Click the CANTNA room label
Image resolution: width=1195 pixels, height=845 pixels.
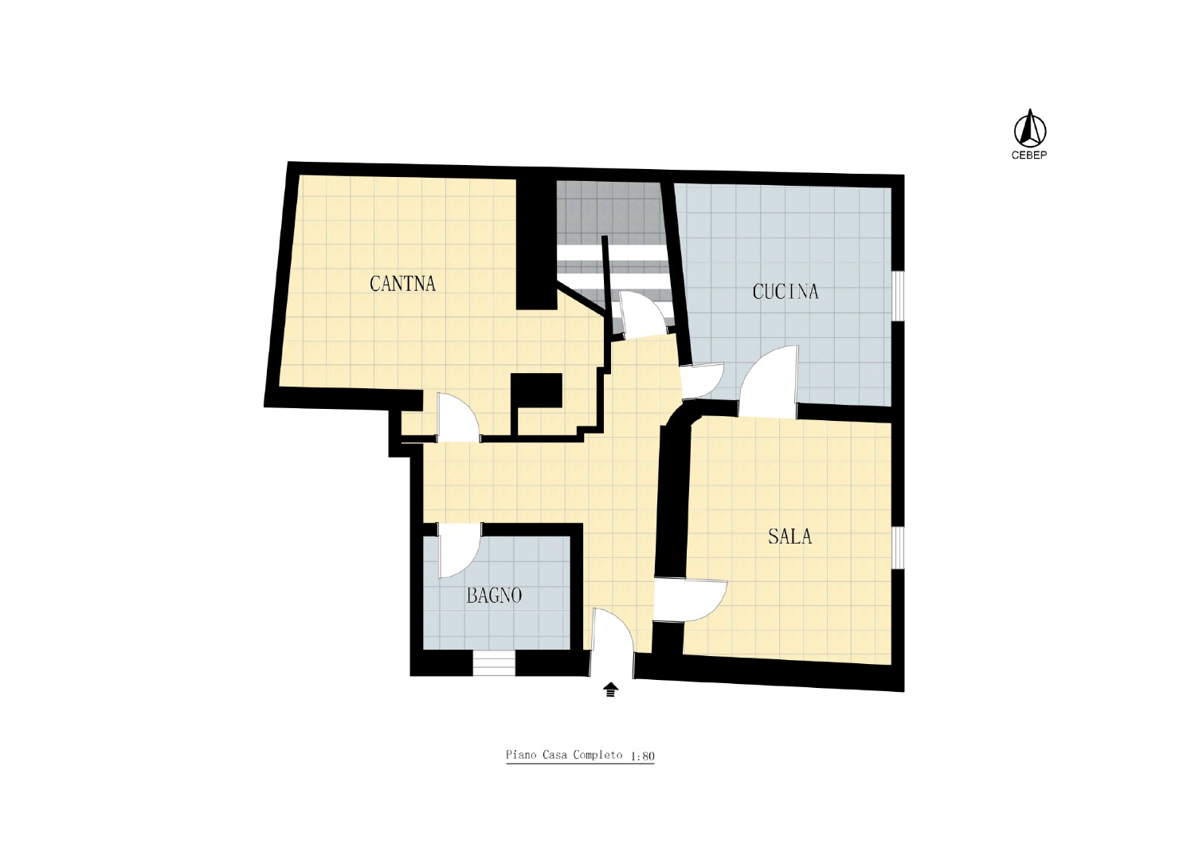pyautogui.click(x=402, y=284)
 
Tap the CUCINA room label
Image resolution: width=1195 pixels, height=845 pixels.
pyautogui.click(x=786, y=292)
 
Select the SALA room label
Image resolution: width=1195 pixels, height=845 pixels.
pyautogui.click(x=789, y=536)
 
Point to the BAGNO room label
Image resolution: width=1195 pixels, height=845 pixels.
pyautogui.click(x=494, y=595)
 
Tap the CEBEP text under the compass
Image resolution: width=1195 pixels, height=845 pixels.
pyautogui.click(x=1029, y=155)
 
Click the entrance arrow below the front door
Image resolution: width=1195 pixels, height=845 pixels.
pyautogui.click(x=611, y=690)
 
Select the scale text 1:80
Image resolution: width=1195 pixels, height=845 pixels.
pyautogui.click(x=642, y=757)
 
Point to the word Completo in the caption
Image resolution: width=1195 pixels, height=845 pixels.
pyautogui.click(x=597, y=755)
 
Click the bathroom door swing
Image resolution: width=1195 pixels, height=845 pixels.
pyautogui.click(x=460, y=550)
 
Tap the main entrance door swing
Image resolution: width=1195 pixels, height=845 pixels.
pyautogui.click(x=613, y=643)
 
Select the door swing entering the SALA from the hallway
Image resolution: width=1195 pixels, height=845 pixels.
pyautogui.click(x=691, y=601)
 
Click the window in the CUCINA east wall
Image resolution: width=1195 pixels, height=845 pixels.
pyautogui.click(x=899, y=297)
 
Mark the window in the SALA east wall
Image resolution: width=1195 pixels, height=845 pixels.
pyautogui.click(x=899, y=548)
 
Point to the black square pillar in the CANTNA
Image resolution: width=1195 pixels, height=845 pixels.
pyautogui.click(x=536, y=391)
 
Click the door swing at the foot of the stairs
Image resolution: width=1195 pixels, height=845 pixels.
pyautogui.click(x=645, y=314)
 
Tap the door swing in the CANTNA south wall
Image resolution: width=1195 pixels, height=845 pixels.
pyautogui.click(x=458, y=418)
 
